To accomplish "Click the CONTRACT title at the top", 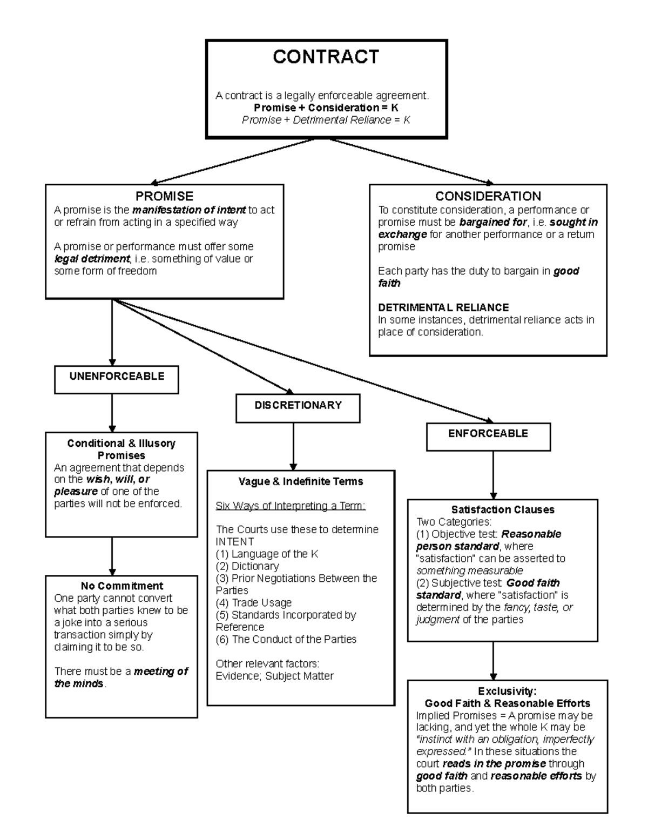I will (x=326, y=57).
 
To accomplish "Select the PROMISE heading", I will (x=164, y=196).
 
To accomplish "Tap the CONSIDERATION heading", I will (x=488, y=196).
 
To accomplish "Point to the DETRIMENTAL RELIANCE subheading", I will (x=443, y=307).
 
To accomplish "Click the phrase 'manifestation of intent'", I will (x=189, y=210).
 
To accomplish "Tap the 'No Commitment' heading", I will (x=122, y=586).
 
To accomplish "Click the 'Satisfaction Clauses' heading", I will (x=502, y=509).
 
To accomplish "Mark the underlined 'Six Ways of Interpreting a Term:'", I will (x=291, y=506).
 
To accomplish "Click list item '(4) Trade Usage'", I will (x=253, y=602).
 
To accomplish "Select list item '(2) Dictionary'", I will (x=247, y=566).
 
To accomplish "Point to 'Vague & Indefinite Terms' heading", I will (x=301, y=481).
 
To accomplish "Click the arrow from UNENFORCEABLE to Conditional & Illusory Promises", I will (x=112, y=413).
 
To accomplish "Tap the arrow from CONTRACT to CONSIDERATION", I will (x=410, y=161).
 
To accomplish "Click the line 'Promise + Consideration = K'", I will (x=326, y=108).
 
